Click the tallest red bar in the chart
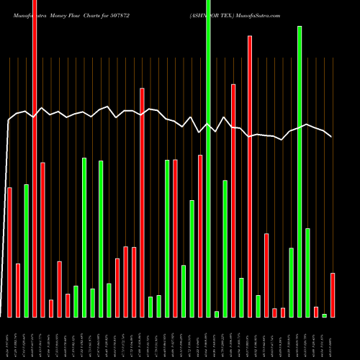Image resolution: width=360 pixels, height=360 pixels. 35,158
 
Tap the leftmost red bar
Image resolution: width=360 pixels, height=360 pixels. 9,252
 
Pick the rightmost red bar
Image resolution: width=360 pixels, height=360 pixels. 333,294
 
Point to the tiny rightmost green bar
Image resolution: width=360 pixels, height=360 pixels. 325,315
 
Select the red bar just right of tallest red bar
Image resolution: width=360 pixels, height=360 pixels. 42,239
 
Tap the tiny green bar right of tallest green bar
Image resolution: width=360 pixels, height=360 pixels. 217,314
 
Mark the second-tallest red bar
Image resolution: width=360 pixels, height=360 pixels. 250,176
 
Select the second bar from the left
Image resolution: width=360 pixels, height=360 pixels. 18,290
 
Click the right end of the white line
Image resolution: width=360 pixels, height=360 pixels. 331,136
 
